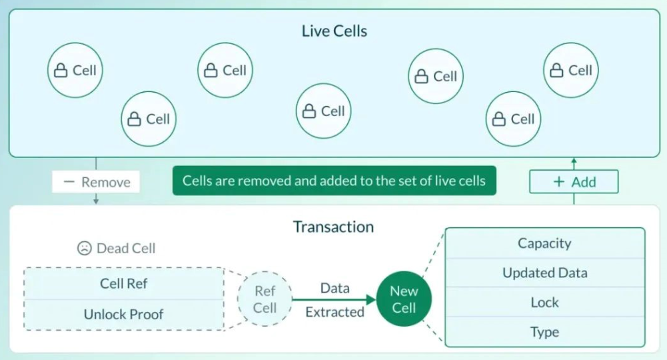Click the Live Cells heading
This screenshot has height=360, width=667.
[x=334, y=31]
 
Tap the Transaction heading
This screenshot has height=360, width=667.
[x=333, y=227]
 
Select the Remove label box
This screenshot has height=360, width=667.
[x=96, y=182]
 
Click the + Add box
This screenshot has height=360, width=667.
[x=574, y=182]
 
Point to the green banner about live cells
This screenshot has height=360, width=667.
[x=334, y=181]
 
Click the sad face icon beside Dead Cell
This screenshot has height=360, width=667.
[x=84, y=248]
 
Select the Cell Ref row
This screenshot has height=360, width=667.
[x=124, y=283]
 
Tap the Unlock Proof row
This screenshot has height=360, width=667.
[x=124, y=315]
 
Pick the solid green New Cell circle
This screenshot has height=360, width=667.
[x=404, y=299]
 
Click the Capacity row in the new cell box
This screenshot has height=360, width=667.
[x=545, y=243]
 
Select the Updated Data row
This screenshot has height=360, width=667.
[x=545, y=273]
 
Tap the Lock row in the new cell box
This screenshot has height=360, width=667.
[x=545, y=302]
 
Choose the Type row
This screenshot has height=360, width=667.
[x=545, y=331]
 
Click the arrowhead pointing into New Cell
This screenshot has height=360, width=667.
[x=371, y=299]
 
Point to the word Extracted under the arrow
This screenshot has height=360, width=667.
[x=334, y=312]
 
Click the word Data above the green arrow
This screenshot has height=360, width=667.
[x=334, y=288]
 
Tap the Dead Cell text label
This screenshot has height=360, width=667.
[x=126, y=248]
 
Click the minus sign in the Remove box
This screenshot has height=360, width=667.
[x=69, y=182]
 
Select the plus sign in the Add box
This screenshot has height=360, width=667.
[x=558, y=182]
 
